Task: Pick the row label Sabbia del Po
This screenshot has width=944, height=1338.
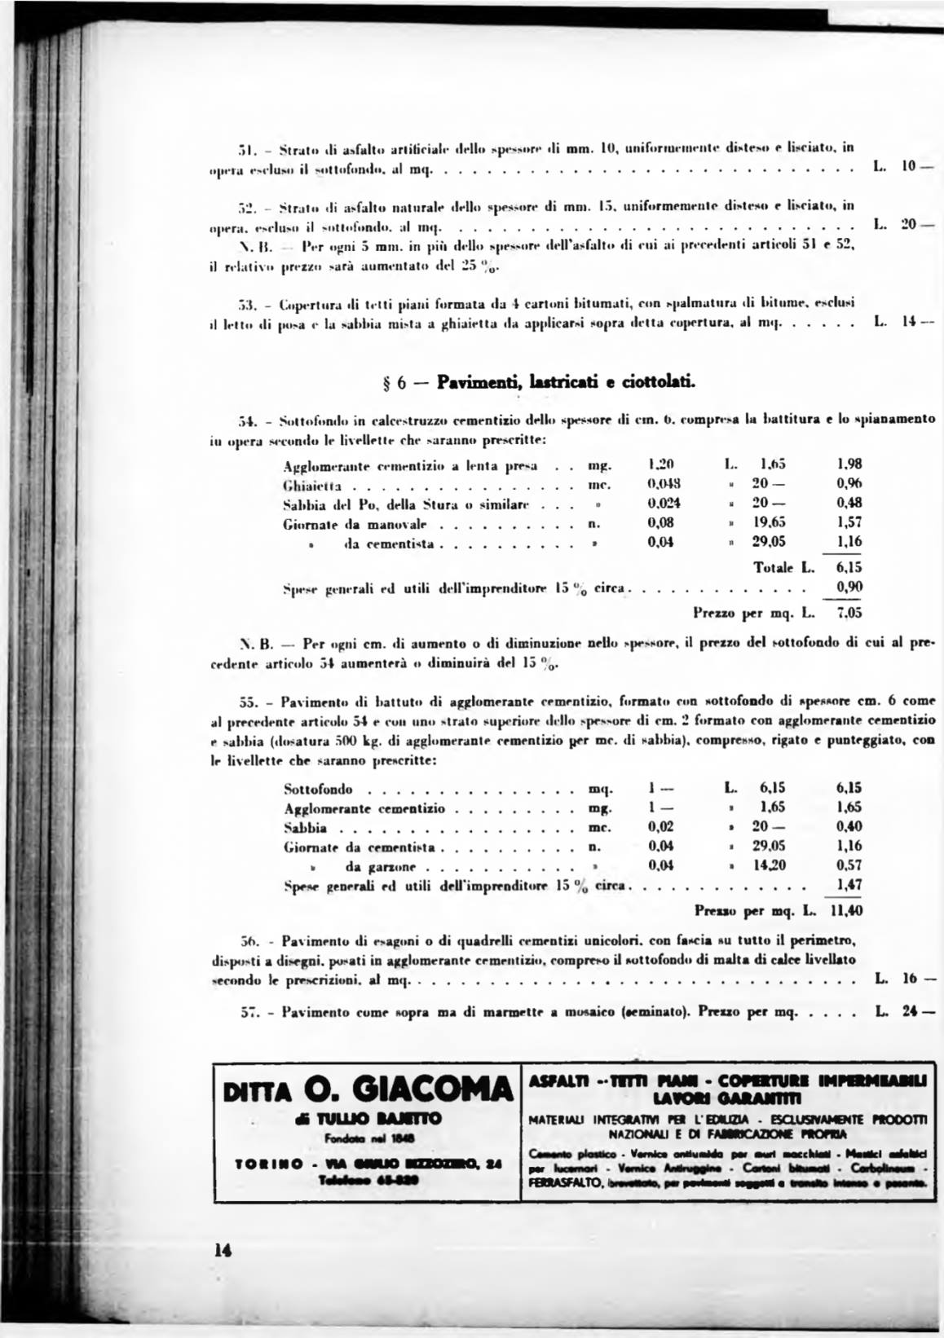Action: tap(335, 504)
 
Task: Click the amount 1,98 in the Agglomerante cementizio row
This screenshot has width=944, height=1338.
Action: tap(849, 464)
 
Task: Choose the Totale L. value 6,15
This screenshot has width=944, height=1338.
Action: tap(848, 567)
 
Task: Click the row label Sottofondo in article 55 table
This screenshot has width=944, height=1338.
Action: tap(318, 789)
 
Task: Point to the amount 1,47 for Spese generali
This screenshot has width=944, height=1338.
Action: tap(849, 885)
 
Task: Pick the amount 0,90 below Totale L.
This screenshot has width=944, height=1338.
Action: tap(849, 587)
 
